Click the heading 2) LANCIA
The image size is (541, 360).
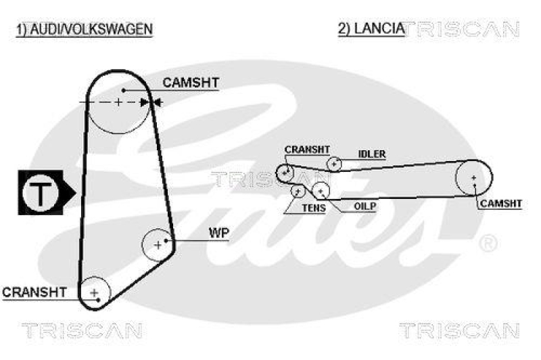tap(371, 28)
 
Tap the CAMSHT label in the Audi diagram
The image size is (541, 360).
tap(191, 83)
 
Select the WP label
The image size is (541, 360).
tap(218, 233)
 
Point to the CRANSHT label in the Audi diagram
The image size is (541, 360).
tap(34, 292)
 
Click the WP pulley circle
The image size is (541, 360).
tap(158, 244)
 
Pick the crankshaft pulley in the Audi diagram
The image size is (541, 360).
tap(95, 292)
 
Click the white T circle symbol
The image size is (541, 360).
tap(41, 194)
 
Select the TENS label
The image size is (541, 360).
tap(312, 208)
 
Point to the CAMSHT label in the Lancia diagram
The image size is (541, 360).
tap(500, 203)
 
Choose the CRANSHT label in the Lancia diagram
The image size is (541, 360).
tap(307, 150)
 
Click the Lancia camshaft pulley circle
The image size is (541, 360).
tap(473, 178)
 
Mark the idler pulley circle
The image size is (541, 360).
tap(334, 163)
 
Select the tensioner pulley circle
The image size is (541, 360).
tap(297, 191)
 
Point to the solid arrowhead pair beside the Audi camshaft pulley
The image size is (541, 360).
tap(150, 102)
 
